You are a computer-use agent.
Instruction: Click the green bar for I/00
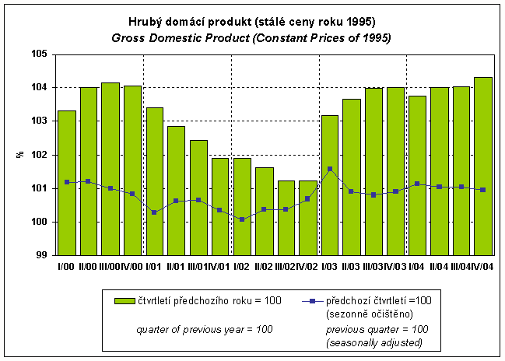point(67,183)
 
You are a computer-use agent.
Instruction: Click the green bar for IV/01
point(220,206)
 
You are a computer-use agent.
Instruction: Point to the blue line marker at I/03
point(330,169)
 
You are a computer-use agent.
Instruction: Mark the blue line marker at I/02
point(242,219)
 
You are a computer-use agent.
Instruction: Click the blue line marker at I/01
point(154,212)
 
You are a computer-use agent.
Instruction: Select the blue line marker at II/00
point(89,181)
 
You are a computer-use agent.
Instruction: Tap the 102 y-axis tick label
point(39,155)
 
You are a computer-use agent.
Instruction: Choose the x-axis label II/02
point(265,267)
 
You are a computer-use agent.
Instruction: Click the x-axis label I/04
point(418,267)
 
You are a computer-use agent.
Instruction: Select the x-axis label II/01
point(177,267)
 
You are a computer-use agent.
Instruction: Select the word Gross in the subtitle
point(128,37)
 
